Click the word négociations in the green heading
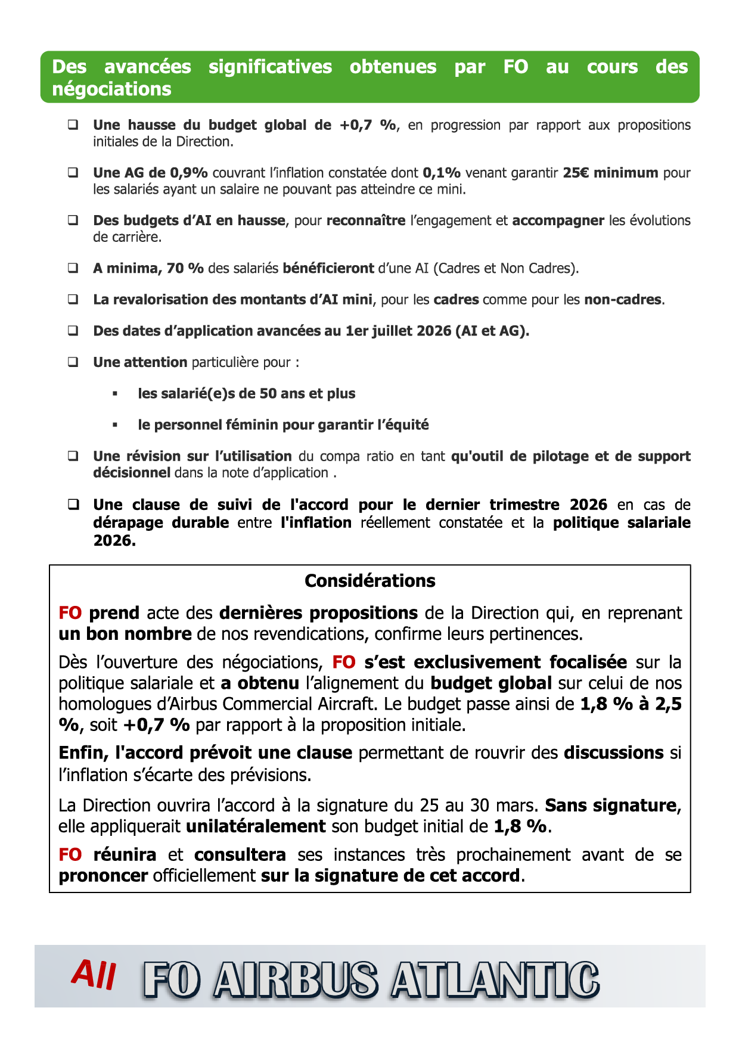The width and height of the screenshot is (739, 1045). [x=111, y=89]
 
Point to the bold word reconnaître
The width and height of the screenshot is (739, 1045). [x=366, y=220]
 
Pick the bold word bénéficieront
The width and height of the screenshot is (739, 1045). [x=328, y=268]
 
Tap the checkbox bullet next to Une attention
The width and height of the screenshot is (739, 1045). [x=73, y=362]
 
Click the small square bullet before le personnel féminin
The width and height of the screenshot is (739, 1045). [x=115, y=425]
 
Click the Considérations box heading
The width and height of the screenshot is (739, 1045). [x=369, y=581]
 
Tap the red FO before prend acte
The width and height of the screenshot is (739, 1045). [x=70, y=613]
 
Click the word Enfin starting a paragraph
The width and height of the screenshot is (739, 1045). [x=83, y=753]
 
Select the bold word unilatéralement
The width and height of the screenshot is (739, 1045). [x=256, y=826]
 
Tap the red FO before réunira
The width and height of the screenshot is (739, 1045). [x=70, y=855]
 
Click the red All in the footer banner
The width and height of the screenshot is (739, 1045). [x=94, y=975]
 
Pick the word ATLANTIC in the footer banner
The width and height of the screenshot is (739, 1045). [x=495, y=979]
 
